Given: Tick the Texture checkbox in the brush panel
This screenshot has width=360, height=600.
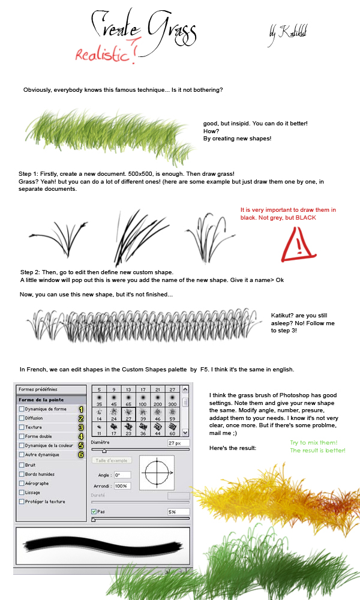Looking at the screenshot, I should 22,427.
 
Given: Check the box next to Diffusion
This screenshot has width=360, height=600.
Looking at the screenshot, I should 22,418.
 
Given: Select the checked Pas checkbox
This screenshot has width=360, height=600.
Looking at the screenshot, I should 94,511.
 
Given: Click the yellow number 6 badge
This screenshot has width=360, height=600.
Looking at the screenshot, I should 81,455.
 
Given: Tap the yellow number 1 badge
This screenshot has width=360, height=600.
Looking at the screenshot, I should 81,409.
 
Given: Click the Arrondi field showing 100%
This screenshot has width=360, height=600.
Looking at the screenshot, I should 122,485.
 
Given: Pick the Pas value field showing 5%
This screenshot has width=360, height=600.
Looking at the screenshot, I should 178,512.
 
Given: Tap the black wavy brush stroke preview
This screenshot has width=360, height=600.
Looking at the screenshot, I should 102,547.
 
